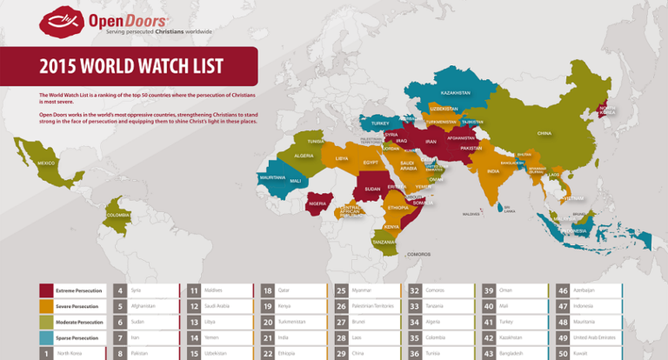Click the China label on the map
(544, 133)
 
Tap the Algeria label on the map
(304, 156)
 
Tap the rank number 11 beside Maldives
(194, 290)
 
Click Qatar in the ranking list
(284, 290)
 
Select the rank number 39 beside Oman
(489, 290)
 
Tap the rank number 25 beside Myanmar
(342, 290)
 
